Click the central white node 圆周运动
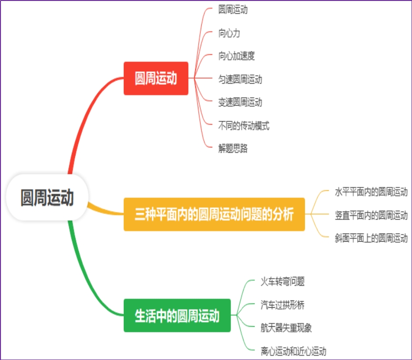(x=47, y=197)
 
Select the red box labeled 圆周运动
(x=156, y=78)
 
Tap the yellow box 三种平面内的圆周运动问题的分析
(x=214, y=214)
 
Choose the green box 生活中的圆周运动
(x=177, y=316)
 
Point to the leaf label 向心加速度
(x=236, y=56)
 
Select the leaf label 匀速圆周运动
(x=240, y=79)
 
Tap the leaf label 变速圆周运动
(x=240, y=102)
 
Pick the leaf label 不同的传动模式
(x=244, y=126)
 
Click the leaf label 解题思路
(x=233, y=148)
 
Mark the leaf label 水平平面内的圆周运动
(x=371, y=192)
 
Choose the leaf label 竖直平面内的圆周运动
(x=371, y=215)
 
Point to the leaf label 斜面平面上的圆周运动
(x=371, y=238)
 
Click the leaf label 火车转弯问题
(x=282, y=282)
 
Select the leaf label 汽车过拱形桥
(x=282, y=304)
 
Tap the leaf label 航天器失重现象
(x=286, y=328)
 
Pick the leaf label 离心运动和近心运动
(x=293, y=351)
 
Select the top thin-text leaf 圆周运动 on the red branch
(x=233, y=10)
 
